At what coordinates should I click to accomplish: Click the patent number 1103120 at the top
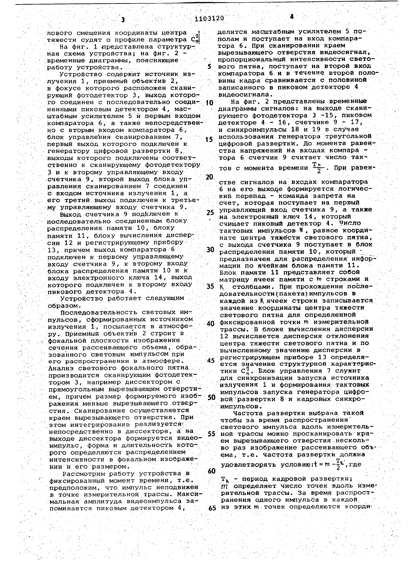pos(209,18)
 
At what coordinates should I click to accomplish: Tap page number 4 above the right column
pos(292,17)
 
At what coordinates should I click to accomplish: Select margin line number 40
pos(210,324)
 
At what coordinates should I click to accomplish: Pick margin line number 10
pos(209,103)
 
